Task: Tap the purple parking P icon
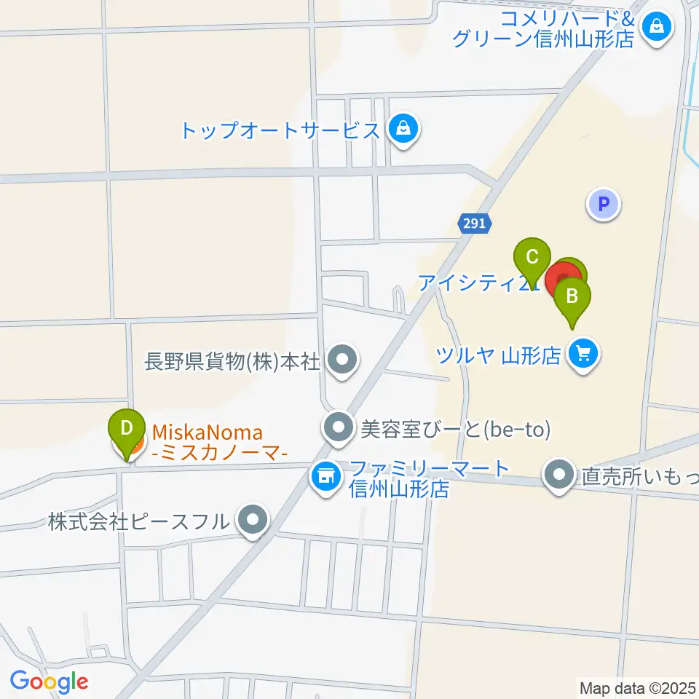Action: pyautogui.click(x=604, y=205)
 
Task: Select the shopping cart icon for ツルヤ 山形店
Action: pyautogui.click(x=583, y=355)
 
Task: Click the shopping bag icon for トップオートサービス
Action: pyautogui.click(x=400, y=130)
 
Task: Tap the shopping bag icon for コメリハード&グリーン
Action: pyautogui.click(x=657, y=28)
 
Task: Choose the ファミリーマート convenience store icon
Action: pyautogui.click(x=325, y=478)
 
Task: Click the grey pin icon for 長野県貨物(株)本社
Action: pyautogui.click(x=340, y=360)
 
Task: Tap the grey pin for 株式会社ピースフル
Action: pyautogui.click(x=253, y=521)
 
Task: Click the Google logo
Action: pyautogui.click(x=49, y=682)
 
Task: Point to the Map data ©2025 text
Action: pyautogui.click(x=638, y=687)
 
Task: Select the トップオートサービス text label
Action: pyautogui.click(x=280, y=131)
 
